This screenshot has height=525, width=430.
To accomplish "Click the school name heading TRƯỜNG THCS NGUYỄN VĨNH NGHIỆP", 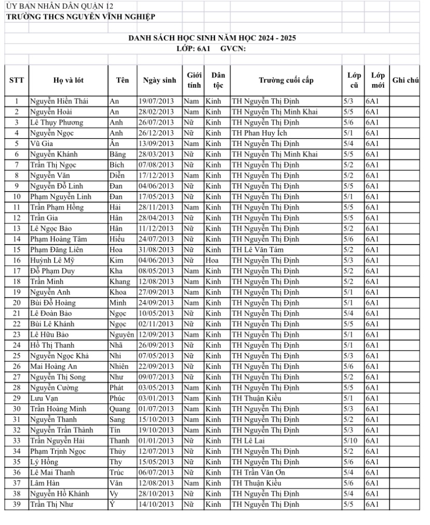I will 80,17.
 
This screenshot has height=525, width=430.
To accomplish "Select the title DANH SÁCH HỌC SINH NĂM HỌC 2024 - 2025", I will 212,38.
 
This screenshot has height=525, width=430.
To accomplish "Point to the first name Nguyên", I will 122,334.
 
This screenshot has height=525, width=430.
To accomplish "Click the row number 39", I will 17,504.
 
